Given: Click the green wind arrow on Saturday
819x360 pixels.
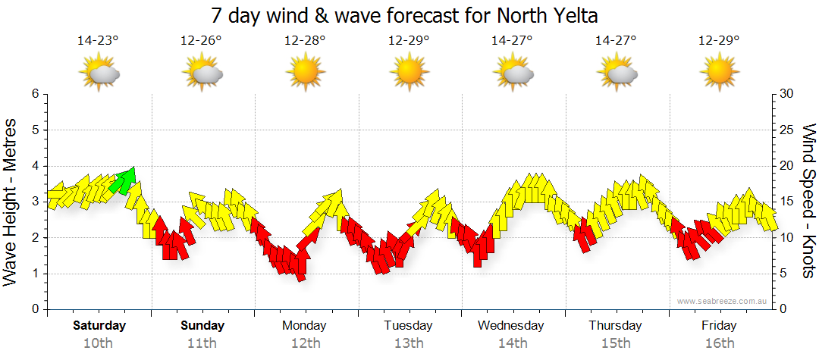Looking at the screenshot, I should coord(123,180).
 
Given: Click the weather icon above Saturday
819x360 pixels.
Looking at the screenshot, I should coord(99,74).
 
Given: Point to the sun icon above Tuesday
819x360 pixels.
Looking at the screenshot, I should coord(409,74).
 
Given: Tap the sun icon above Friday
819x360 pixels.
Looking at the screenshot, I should coord(720,74).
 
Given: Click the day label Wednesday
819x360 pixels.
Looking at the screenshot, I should coord(511,326).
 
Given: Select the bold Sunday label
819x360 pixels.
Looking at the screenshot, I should coord(202,326).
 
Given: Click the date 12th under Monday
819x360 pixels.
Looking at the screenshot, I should coord(305,343).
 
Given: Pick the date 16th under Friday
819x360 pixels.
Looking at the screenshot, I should coord(719,343).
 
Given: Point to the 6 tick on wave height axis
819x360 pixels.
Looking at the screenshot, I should coord(35,94).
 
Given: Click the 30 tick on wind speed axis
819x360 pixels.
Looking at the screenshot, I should coord(787,94).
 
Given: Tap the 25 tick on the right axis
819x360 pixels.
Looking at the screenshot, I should coord(787,130).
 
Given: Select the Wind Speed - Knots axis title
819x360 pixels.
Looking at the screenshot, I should coord(808,201).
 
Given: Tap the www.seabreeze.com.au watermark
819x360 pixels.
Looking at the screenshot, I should coord(723,301).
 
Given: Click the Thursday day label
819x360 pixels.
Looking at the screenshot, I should coord(615,326).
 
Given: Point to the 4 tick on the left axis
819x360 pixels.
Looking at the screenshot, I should coord(35,166).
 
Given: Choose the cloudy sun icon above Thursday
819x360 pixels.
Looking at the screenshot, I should coord(616,74).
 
